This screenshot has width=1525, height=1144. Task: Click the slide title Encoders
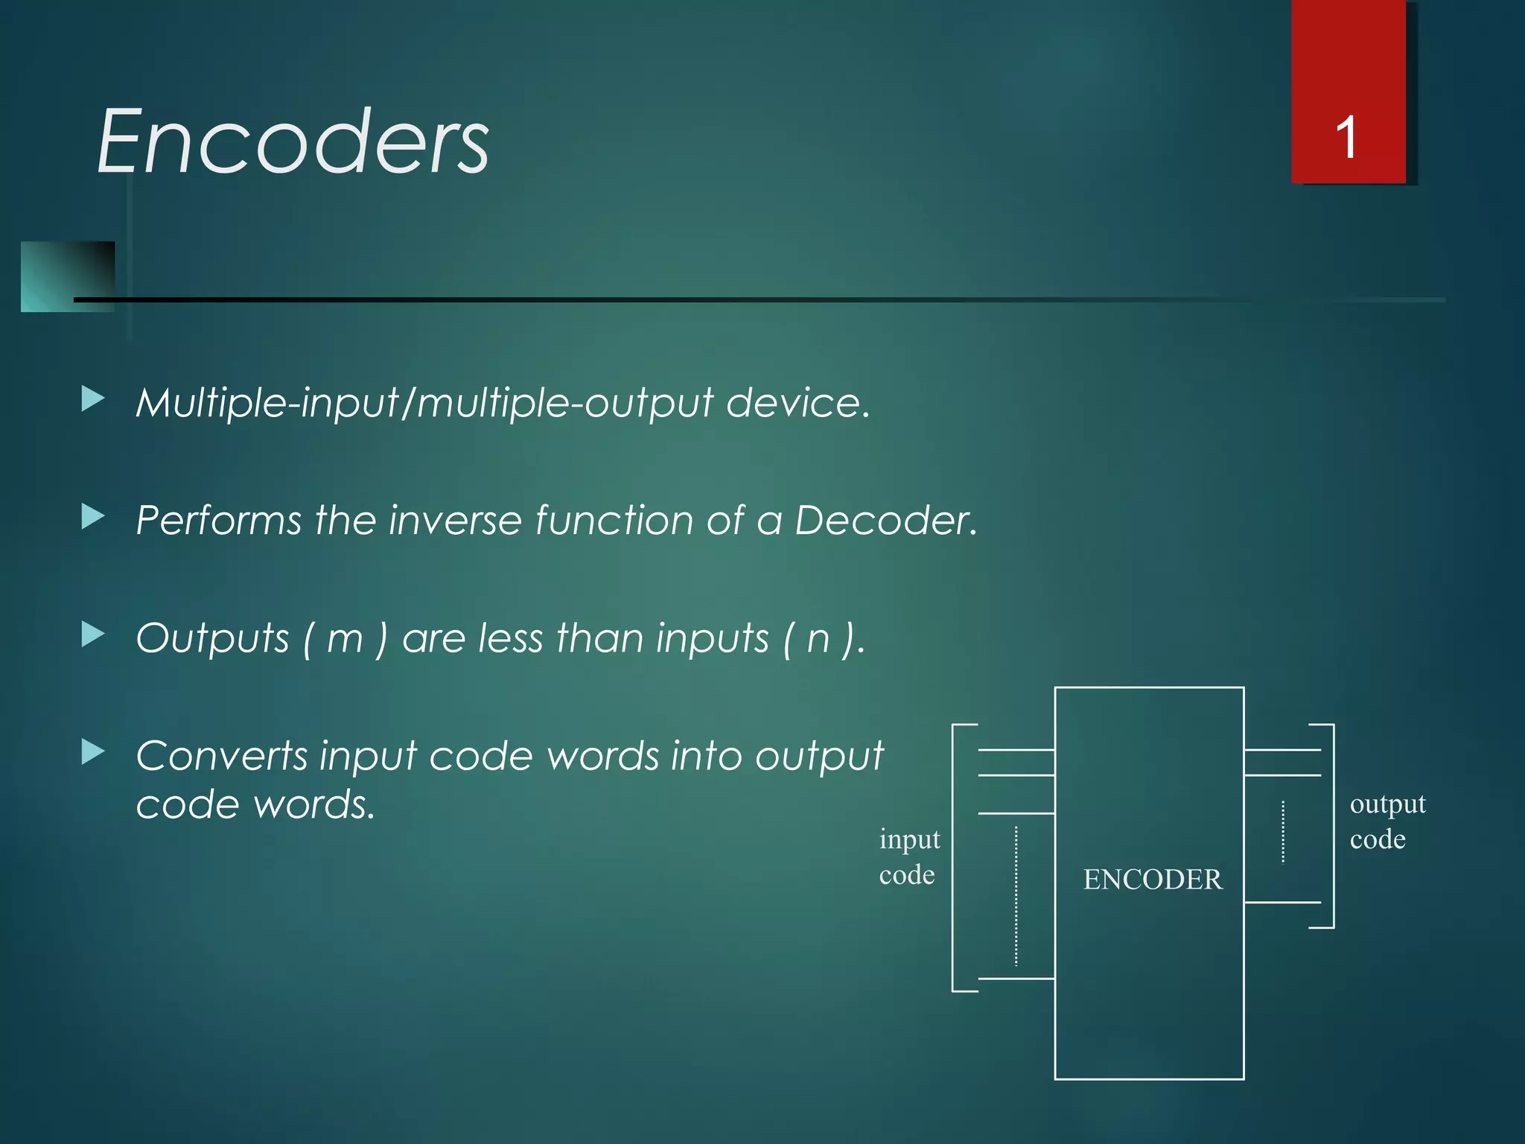293,141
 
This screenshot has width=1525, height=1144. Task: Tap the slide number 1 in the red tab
1346,138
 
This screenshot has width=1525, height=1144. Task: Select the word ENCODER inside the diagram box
1152,880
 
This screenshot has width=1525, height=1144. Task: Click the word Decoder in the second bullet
885,520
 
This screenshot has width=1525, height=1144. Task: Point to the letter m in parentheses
345,639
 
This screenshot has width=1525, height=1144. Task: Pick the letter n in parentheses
818,639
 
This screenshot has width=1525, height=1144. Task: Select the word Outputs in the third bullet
212,639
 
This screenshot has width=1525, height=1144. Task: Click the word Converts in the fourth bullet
221,756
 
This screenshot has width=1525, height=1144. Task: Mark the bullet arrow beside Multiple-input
92,399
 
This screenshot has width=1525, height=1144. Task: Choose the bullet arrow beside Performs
92,516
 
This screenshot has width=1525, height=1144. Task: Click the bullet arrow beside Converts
92,752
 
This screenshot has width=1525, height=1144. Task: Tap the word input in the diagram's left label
909,839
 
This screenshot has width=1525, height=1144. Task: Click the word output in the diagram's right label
1387,804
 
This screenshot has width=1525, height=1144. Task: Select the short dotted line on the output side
1282,831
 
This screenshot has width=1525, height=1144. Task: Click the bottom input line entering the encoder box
1016,978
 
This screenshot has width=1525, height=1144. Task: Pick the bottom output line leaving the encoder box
1282,902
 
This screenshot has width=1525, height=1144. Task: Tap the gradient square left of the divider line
67,276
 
